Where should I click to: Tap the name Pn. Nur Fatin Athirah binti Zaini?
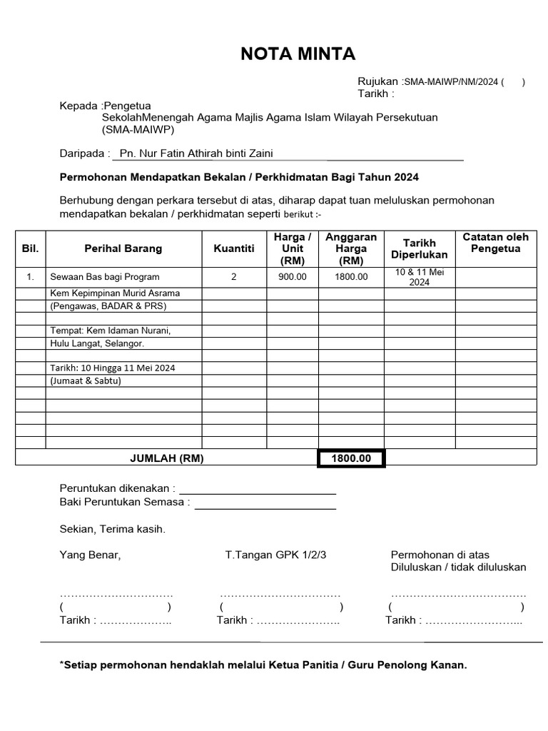pos(196,153)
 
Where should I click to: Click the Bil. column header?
pos(30,248)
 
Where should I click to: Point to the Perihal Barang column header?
pos(123,248)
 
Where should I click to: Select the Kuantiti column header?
pos(233,248)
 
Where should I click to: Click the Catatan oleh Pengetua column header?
pos(495,243)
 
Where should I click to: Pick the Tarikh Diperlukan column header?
pos(420,248)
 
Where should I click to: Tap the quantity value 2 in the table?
pos(233,277)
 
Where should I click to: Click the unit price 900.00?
pos(292,277)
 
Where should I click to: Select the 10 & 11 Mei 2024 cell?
pos(420,277)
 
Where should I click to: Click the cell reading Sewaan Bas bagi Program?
pos(104,277)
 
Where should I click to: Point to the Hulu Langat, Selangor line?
pos(96,343)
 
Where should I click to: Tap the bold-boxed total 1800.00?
pos(351,458)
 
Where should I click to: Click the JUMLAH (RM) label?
pos(166,458)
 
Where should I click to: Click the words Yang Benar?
pos(90,555)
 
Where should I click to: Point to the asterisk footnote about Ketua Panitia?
pos(263,665)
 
